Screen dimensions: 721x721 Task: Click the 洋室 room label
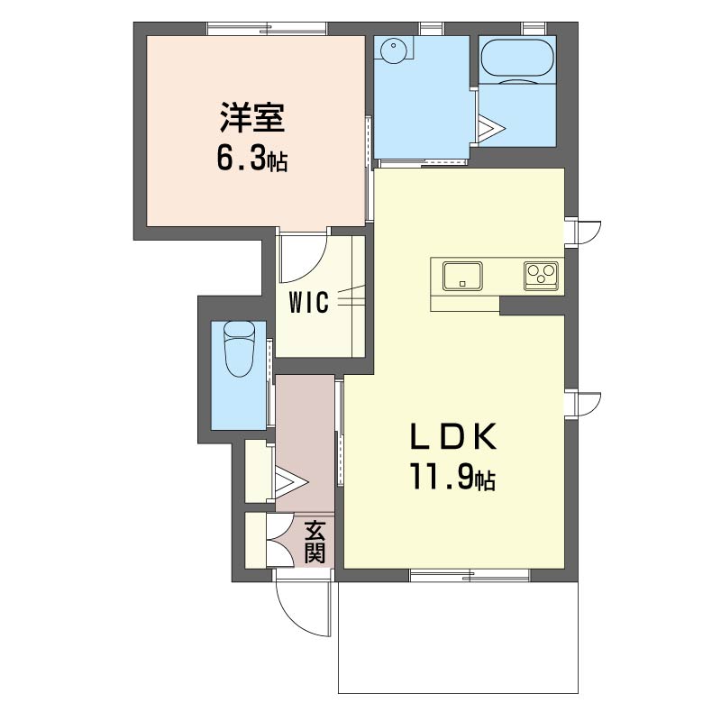click(x=252, y=118)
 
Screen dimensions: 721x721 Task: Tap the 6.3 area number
click(x=241, y=160)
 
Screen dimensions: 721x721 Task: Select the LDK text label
click(x=453, y=436)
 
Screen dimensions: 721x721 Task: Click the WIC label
click(x=309, y=302)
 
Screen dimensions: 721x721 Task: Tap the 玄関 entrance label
click(x=315, y=542)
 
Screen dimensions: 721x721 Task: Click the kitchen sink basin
click(x=462, y=276)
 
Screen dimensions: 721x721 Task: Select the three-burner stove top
click(x=542, y=276)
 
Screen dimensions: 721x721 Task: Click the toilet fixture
click(x=239, y=349)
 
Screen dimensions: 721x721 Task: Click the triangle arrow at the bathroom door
click(x=490, y=126)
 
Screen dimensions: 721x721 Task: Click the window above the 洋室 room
click(x=267, y=29)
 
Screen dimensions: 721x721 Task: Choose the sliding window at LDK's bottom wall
click(x=469, y=575)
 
